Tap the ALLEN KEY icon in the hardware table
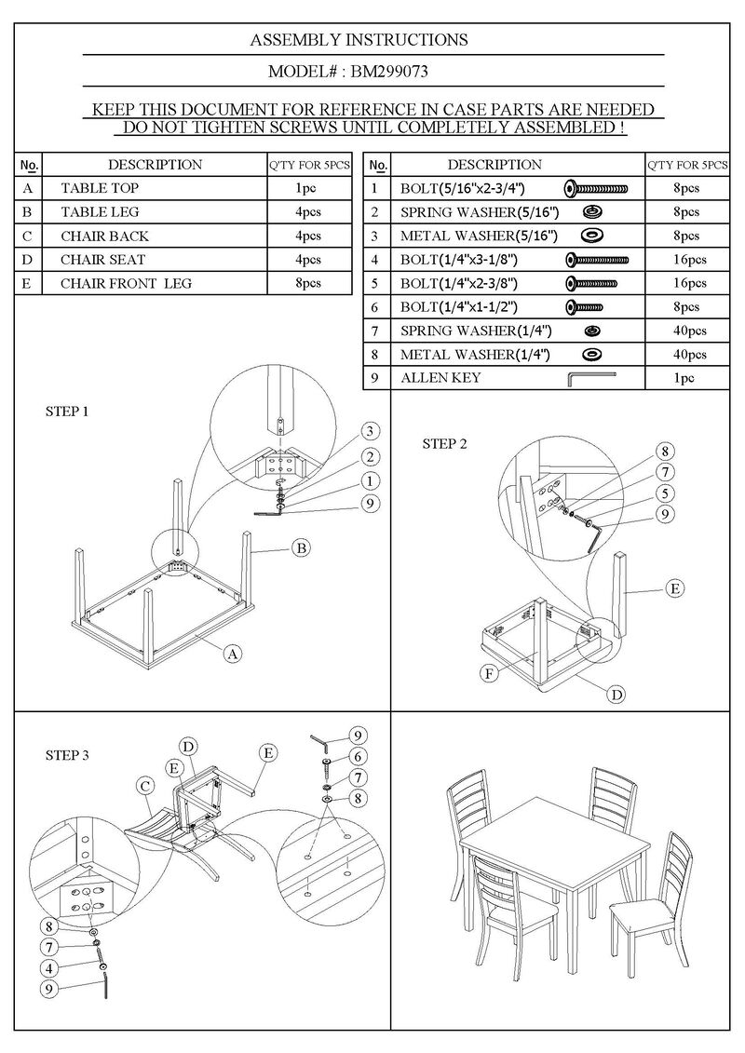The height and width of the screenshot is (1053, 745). click(591, 378)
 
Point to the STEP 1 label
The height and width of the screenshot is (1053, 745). click(67, 411)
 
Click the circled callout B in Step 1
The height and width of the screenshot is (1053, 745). click(302, 548)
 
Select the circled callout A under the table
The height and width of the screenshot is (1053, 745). click(232, 655)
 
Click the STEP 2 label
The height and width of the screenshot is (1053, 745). click(445, 443)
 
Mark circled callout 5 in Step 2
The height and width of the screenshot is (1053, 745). click(665, 493)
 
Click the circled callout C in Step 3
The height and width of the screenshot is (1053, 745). click(146, 786)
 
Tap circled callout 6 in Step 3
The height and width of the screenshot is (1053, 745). click(358, 755)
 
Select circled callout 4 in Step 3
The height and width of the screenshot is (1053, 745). click(47, 968)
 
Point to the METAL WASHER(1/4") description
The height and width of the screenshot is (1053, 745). click(476, 355)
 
